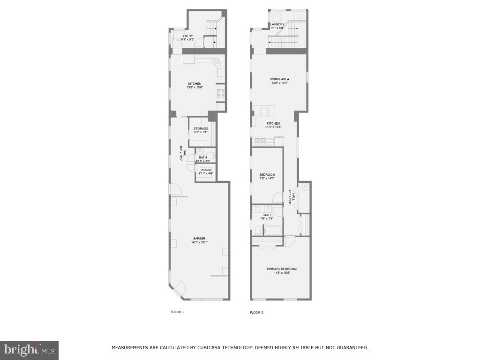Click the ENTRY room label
(187, 36)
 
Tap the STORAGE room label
(201, 128)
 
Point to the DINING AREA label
(279, 79)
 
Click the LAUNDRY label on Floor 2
(277, 24)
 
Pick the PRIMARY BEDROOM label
(282, 269)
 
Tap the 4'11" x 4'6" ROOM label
(206, 170)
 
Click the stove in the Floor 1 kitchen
(221, 93)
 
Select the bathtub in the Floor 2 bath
(272, 230)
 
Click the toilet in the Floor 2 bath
(258, 230)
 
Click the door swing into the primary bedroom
(289, 241)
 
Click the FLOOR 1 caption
(177, 312)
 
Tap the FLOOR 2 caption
(256, 312)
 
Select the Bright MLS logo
(29, 350)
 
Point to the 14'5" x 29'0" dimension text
(199, 242)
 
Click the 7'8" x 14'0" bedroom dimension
(267, 178)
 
